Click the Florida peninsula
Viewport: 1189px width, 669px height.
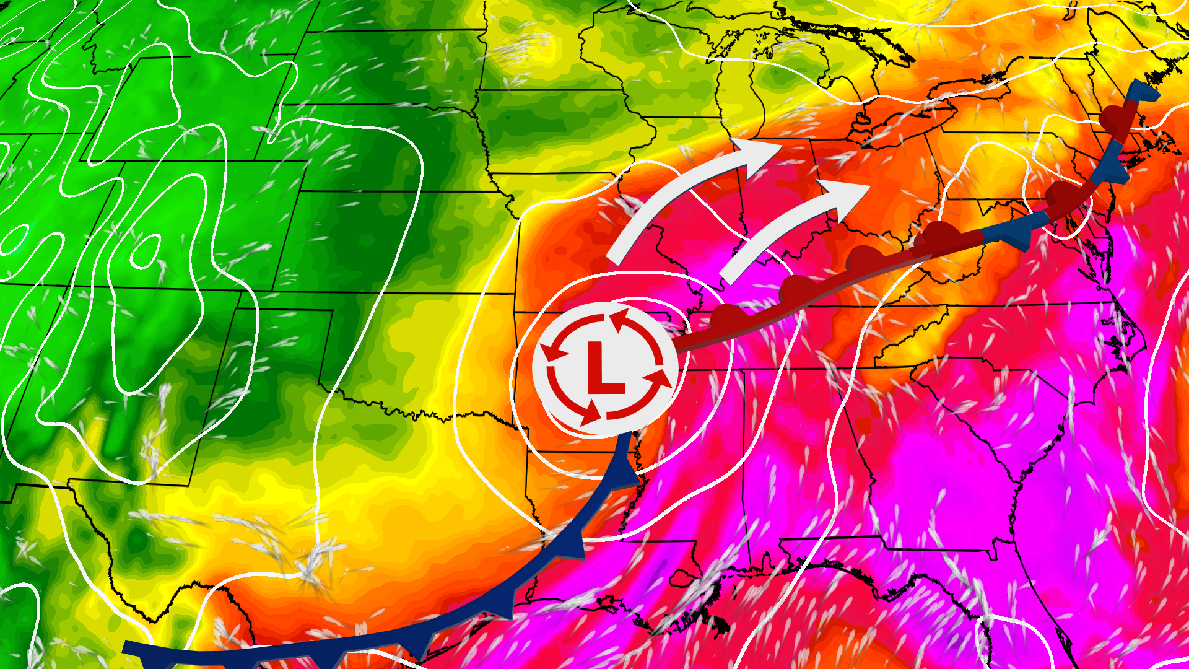[x=1047, y=595]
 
